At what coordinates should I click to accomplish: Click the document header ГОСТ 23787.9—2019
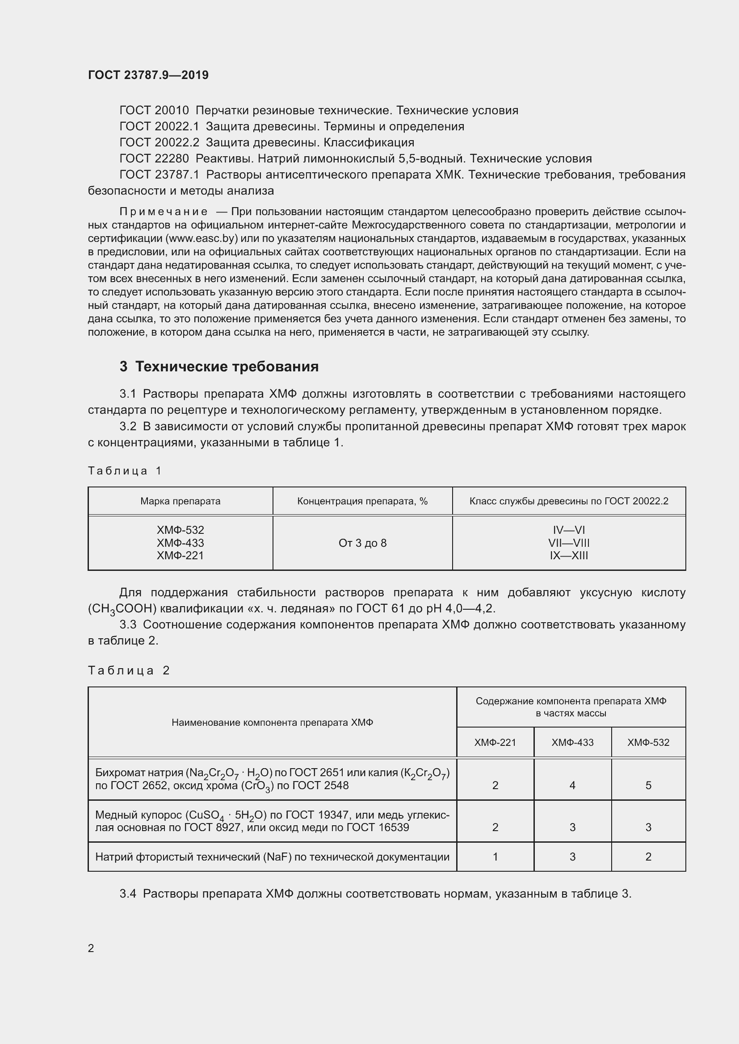coord(148,75)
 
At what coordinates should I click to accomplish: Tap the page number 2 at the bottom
coord(91,948)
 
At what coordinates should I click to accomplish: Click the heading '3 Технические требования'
coord(219,366)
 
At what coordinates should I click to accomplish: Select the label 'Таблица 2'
coord(129,670)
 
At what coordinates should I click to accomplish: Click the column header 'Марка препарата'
coord(180,501)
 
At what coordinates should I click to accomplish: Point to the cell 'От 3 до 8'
coord(362,543)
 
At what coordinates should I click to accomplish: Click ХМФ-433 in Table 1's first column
coord(180,543)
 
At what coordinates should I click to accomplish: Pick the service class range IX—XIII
coord(569,556)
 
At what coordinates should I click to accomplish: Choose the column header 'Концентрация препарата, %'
coord(362,501)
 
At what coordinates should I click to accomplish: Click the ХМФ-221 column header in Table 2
coord(495,743)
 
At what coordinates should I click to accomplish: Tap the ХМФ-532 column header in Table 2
coord(648,743)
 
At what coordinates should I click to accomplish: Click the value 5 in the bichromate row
coord(648,785)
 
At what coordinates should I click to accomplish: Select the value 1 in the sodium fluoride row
coord(495,857)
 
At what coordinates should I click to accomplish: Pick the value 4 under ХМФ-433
coord(572,785)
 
